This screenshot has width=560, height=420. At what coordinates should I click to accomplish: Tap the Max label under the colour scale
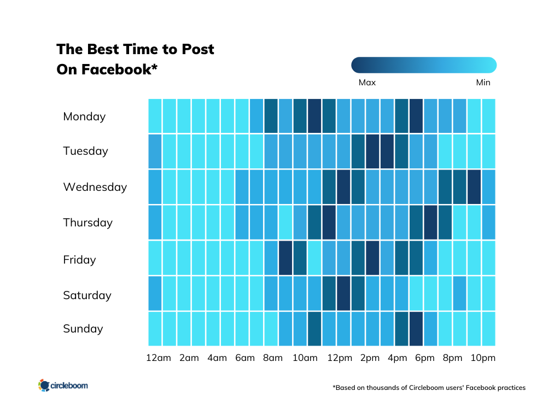point(367,83)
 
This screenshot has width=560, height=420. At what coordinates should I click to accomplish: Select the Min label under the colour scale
point(483,83)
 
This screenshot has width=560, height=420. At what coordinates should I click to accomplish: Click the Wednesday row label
point(95,187)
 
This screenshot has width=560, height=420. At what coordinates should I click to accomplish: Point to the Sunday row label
point(83,329)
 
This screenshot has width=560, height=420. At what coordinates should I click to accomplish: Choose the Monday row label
point(84,116)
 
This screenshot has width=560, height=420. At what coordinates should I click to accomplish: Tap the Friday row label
point(79,260)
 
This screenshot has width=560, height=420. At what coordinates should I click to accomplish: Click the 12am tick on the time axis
point(158,358)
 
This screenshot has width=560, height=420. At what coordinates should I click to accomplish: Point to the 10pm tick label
point(483,358)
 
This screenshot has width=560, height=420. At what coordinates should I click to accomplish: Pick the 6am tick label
point(244,358)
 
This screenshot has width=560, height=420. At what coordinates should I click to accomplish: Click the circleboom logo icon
point(44,386)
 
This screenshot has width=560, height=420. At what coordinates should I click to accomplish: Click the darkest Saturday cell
point(343,293)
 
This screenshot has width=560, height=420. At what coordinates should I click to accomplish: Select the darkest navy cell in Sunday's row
point(416,329)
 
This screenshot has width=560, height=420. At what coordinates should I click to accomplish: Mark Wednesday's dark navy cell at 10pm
point(474,186)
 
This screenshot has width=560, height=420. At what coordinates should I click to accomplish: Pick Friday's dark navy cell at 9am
point(285,258)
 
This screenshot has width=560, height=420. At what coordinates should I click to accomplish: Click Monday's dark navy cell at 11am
point(314,116)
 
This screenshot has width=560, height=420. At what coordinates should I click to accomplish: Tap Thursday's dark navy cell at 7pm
point(430,222)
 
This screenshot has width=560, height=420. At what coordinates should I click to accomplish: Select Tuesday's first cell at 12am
point(155,151)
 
